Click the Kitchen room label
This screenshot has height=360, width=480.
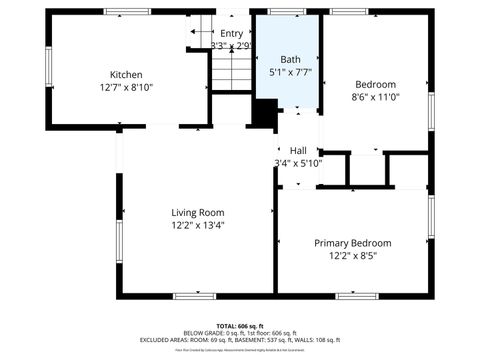point(126,75)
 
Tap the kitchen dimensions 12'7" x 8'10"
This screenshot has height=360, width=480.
point(126,87)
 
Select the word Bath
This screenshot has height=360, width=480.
point(289,60)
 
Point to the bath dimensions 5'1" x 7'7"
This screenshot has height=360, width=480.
point(289,72)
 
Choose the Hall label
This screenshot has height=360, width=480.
point(298,150)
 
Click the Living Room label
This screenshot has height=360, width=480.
point(197,212)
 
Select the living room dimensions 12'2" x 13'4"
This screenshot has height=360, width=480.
point(197,225)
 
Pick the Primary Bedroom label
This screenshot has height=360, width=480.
point(352,243)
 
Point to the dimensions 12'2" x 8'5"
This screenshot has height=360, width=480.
point(352,256)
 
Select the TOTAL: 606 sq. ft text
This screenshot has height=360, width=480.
point(240,326)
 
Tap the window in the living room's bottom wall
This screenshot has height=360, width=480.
point(194,295)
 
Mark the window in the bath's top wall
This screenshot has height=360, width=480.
point(287,12)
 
